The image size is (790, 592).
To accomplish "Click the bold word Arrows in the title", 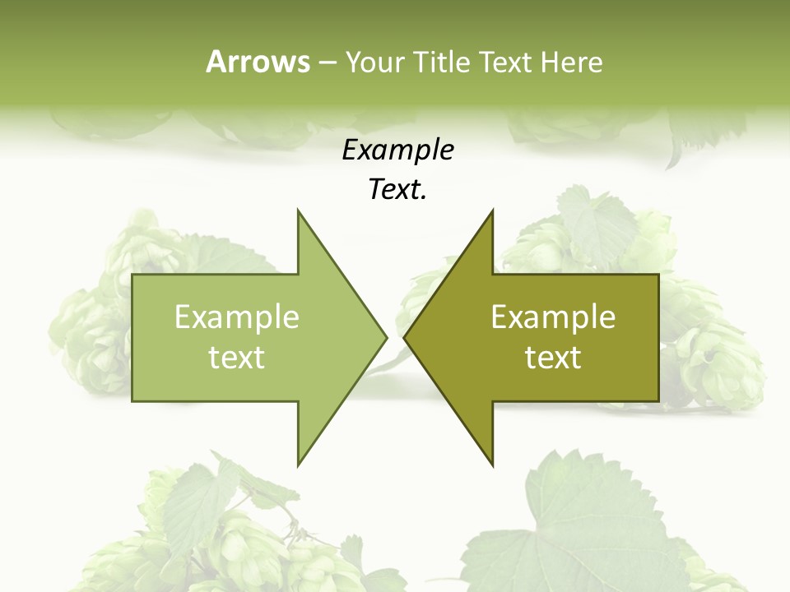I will pyautogui.click(x=258, y=62).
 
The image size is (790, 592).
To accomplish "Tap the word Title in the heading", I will pyautogui.click(x=436, y=62).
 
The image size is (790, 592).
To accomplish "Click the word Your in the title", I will pyautogui.click(x=375, y=62).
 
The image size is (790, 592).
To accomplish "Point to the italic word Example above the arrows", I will pyautogui.click(x=397, y=150).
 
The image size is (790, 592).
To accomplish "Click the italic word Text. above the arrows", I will pyautogui.click(x=397, y=190).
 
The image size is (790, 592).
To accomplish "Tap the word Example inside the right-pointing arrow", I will pyautogui.click(x=237, y=317).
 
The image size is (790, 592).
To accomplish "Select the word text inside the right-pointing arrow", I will pyautogui.click(x=237, y=358).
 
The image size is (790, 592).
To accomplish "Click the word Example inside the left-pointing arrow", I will pyautogui.click(x=553, y=317).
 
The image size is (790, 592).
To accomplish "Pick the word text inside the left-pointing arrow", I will pyautogui.click(x=553, y=358).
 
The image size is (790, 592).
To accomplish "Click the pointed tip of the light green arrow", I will pyautogui.click(x=386, y=337).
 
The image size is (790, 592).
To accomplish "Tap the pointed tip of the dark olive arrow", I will pyautogui.click(x=405, y=337).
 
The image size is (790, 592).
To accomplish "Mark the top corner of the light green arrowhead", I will pyautogui.click(x=298, y=210).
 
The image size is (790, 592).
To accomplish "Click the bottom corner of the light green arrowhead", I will pyautogui.click(x=298, y=465).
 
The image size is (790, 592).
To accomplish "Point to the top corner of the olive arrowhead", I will pyautogui.click(x=492, y=210).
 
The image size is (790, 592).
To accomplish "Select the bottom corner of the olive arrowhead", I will pyautogui.click(x=492, y=465).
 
